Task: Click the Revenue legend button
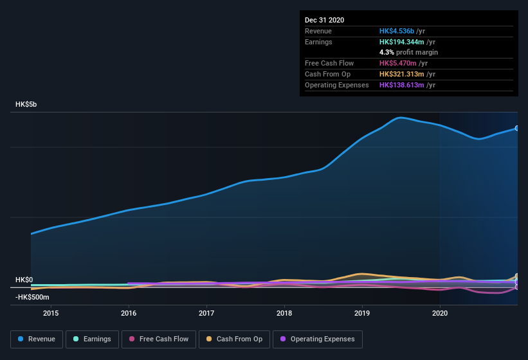[37, 339]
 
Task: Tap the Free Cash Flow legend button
[159, 339]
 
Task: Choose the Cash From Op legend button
[234, 339]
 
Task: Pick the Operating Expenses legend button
[317, 339]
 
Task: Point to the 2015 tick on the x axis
[51, 313]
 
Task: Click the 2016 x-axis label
[129, 313]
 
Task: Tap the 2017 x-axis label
[206, 313]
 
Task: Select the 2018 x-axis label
[284, 313]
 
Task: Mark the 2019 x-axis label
[362, 313]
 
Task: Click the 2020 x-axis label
[440, 313]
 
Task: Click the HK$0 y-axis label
[24, 280]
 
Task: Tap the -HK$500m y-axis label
[32, 297]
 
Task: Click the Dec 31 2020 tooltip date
[324, 20]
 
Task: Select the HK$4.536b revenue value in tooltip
[397, 31]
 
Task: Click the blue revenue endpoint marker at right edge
[516, 128]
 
